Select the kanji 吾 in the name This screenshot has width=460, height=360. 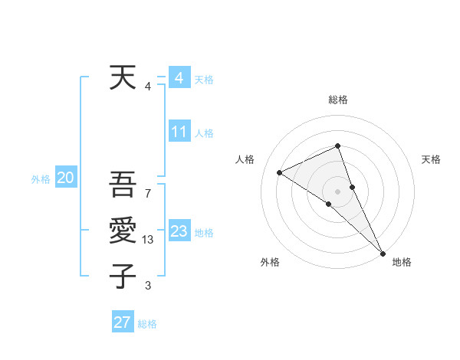123,187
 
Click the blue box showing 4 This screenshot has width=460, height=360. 179,77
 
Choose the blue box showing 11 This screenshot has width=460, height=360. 179,132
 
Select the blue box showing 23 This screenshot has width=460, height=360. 179,231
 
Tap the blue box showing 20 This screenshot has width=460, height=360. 65,178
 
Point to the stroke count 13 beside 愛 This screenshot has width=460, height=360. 149,240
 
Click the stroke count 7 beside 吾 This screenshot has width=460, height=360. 148,194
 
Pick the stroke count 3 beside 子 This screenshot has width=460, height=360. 148,286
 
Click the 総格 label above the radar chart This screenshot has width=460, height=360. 338,100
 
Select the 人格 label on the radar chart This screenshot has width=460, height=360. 245,159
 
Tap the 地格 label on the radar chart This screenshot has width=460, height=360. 402,262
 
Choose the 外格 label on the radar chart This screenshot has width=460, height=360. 270,262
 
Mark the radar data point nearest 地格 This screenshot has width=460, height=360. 383,253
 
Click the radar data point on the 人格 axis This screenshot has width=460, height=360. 280,172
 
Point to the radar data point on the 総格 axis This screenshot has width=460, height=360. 337,146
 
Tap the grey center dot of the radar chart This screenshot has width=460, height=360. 337,191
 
